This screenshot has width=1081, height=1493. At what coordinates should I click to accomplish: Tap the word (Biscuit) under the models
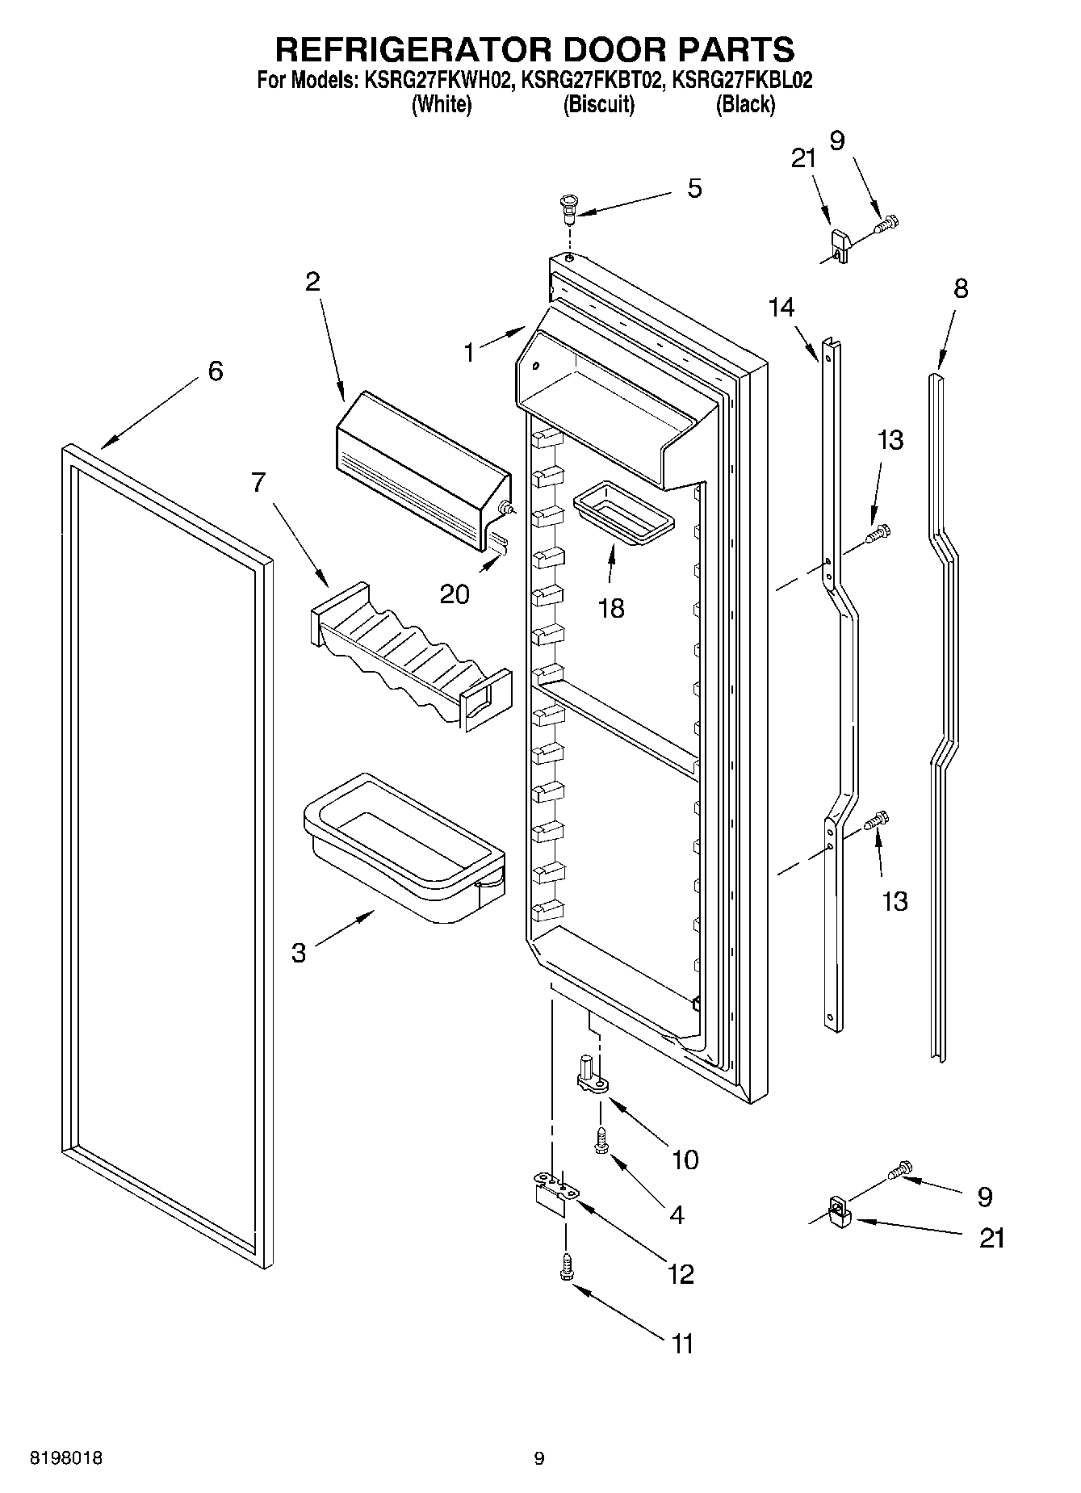click(x=598, y=104)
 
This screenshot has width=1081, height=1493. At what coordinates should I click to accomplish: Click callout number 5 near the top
click(x=693, y=189)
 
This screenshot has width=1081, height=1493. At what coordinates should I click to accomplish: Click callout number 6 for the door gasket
click(x=215, y=371)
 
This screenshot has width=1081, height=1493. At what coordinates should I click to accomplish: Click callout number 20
click(x=454, y=594)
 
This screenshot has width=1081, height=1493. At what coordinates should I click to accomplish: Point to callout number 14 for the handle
click(x=781, y=307)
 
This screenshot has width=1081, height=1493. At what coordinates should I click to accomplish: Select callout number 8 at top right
click(x=960, y=288)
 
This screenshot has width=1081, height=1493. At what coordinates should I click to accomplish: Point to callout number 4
click(x=677, y=1214)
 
